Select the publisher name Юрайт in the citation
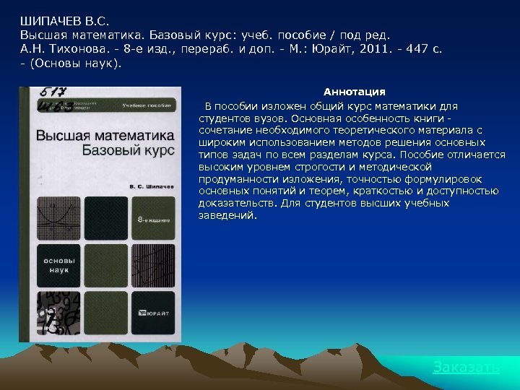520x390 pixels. [x=350, y=49]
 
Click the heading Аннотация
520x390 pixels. [x=354, y=92]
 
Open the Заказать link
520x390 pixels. [x=466, y=367]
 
